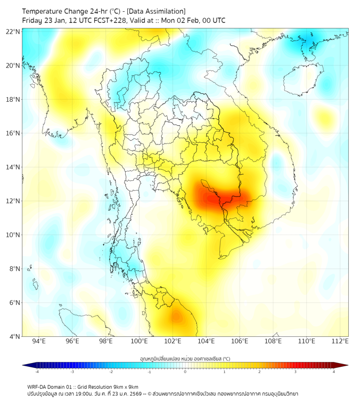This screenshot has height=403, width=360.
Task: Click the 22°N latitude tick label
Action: pyautogui.click(x=13, y=31)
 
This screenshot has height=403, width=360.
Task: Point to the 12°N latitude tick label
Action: pyautogui.click(x=13, y=201)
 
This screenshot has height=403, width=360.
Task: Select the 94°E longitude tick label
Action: pyautogui.click(x=39, y=342)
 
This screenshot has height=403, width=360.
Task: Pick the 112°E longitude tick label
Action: pyautogui.click(x=340, y=342)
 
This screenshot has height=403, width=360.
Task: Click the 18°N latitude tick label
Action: pyautogui.click(x=13, y=100)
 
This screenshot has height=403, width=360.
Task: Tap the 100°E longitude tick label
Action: pyautogui.click(x=139, y=342)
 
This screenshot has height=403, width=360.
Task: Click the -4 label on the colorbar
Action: pyautogui.click(x=37, y=372)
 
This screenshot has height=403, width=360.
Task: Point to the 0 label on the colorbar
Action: pyautogui.click(x=185, y=372)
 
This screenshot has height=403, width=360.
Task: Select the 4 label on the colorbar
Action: pyautogui.click(x=334, y=372)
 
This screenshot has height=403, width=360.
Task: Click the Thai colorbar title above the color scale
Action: pyautogui.click(x=185, y=358)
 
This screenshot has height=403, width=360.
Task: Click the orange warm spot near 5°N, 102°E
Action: pyautogui.click(x=176, y=317)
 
